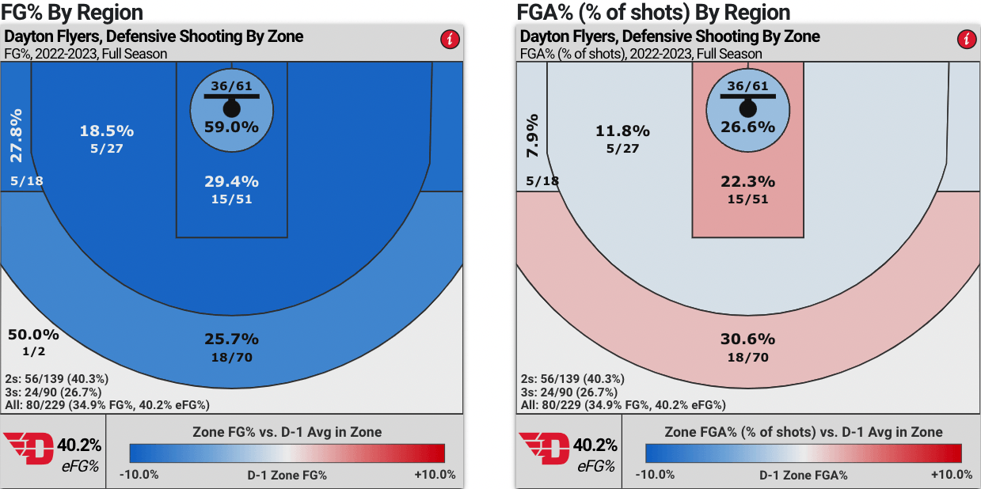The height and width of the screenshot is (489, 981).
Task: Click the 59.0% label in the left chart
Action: point(232,126)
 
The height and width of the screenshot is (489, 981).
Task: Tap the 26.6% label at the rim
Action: point(747,126)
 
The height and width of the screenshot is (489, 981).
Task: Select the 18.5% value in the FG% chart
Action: point(107,131)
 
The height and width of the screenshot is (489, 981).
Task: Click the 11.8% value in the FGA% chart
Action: point(622,131)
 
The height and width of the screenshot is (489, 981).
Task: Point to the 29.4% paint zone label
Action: point(232,182)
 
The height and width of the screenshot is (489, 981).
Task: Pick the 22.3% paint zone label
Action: point(747,182)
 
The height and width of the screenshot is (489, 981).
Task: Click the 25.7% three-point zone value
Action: point(232,339)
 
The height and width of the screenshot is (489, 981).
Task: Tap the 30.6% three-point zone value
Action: point(747,339)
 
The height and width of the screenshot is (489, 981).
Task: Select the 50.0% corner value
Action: point(33,334)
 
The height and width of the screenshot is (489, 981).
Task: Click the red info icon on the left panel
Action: point(449,39)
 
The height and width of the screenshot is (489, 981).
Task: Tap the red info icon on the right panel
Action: point(965,39)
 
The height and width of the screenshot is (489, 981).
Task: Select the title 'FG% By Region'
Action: point(72,12)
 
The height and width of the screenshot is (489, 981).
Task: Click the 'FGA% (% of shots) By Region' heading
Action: point(653,12)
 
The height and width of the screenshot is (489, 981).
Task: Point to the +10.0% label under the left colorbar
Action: point(435,475)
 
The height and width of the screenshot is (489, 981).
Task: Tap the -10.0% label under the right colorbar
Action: point(656,475)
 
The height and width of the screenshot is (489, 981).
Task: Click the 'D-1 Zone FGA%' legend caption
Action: point(804,475)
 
